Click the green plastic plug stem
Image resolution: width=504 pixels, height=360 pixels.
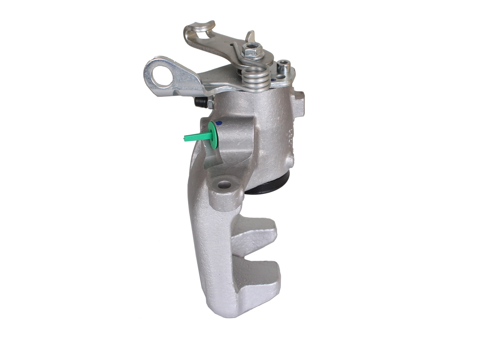[x=195, y=137]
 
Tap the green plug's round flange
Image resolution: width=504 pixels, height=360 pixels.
[x=213, y=135]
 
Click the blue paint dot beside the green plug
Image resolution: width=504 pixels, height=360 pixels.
[x=219, y=123]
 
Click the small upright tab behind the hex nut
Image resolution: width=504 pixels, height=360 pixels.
[x=250, y=36]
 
